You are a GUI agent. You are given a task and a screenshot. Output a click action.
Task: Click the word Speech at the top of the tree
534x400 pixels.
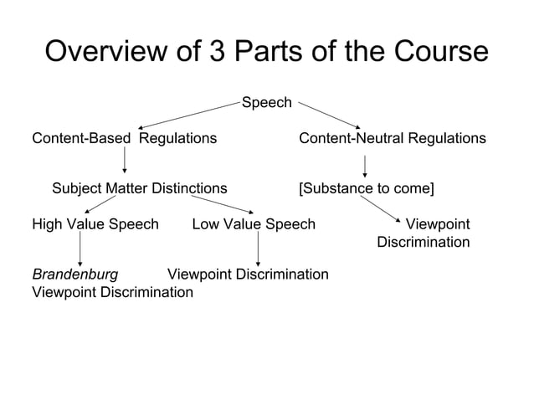click(266, 103)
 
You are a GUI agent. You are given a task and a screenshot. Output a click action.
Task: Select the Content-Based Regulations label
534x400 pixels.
click(124, 137)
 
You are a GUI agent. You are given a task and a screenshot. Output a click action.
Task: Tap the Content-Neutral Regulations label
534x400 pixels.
click(392, 137)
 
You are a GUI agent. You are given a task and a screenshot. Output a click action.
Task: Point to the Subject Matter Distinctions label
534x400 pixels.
click(139, 188)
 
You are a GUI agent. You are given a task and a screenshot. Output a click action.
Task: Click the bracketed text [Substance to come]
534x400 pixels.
click(366, 188)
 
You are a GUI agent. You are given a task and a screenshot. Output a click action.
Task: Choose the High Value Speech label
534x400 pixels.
click(95, 224)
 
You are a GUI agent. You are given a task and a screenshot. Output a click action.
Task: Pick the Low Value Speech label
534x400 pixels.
click(254, 224)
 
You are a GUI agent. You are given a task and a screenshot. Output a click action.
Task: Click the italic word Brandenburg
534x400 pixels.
click(74, 274)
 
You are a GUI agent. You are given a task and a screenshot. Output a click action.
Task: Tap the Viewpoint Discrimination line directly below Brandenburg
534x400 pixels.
click(112, 292)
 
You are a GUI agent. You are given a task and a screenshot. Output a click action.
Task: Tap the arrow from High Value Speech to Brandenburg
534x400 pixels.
click(80, 249)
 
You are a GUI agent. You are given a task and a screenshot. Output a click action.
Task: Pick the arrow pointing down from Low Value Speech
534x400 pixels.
click(258, 249)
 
